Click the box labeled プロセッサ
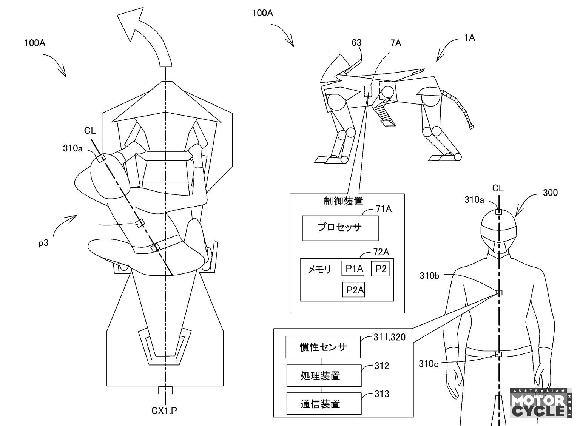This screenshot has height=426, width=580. click(340, 228)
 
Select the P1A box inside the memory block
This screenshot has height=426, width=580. click(353, 269)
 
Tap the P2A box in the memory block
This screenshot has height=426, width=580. click(353, 290)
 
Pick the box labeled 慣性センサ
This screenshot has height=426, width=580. click(323, 347)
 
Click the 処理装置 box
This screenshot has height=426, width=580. click(324, 375)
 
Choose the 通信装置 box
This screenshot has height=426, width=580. click(324, 404)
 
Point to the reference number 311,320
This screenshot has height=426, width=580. click(389, 337)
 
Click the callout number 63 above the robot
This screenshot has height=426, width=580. click(356, 43)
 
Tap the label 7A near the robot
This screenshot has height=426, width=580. click(396, 43)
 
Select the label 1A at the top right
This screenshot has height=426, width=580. click(469, 38)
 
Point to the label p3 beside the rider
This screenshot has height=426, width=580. click(43, 243)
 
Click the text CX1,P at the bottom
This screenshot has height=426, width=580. click(164, 411)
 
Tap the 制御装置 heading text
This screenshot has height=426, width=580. click(343, 201)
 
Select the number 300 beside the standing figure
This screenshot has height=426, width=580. click(550, 193)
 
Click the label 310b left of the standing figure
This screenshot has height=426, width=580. click(430, 276)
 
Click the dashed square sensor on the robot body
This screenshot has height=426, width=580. click(368, 91)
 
